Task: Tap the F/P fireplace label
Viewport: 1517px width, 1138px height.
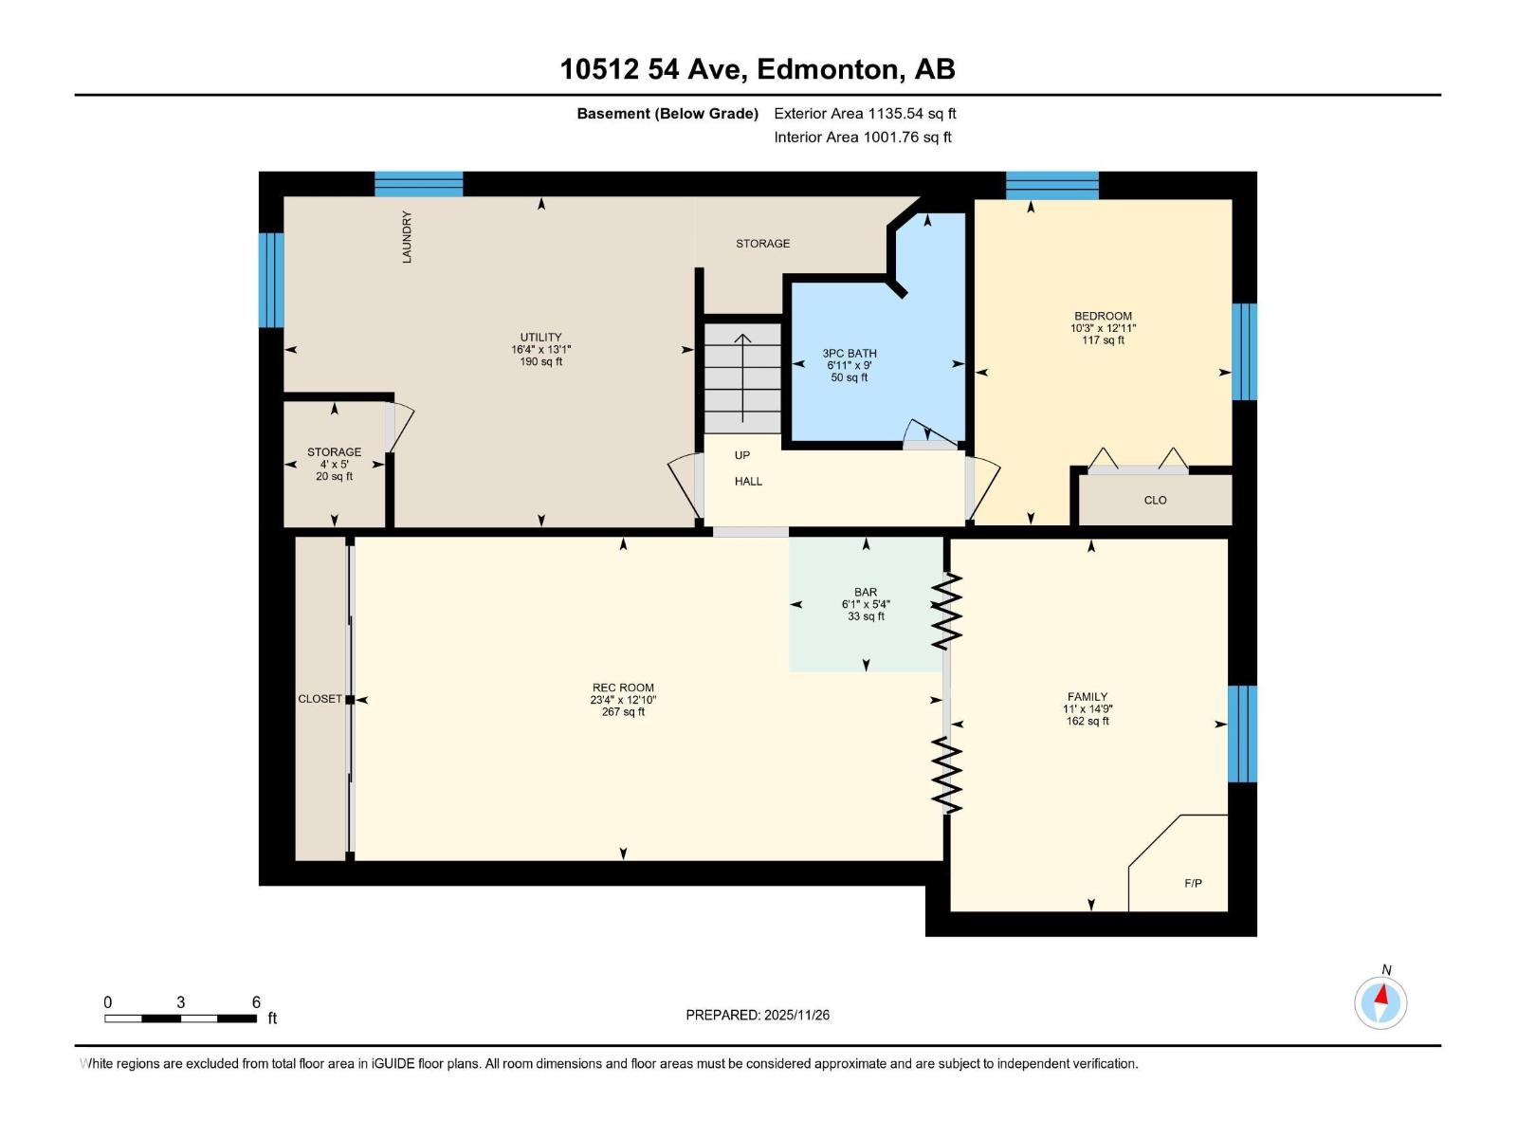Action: pos(1193,884)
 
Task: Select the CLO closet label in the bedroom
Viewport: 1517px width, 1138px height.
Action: pos(1155,500)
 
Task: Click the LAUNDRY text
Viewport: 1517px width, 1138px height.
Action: pos(407,237)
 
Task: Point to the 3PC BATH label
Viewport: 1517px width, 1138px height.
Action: pos(849,354)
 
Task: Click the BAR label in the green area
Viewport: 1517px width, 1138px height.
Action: pos(865,592)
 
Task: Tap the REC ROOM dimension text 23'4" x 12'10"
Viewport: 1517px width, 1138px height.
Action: pos(623,700)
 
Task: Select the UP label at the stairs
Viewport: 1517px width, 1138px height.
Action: pos(742,455)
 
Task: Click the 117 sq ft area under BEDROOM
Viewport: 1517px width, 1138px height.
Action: pos(1103,340)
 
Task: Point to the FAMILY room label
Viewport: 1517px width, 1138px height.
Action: pos(1087,696)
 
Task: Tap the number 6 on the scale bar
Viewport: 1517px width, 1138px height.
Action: pos(256,1002)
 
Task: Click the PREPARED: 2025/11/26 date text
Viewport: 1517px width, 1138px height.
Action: pos(758,1015)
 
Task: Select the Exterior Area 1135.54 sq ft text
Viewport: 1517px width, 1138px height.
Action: pos(865,113)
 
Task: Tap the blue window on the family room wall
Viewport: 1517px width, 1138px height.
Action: pos(1242,733)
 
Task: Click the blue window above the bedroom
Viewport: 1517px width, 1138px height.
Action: pos(1051,185)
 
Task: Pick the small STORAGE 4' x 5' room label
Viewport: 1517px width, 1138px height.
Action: pos(334,452)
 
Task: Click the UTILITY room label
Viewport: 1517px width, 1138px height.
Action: pos(540,337)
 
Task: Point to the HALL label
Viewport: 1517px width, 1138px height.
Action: pos(748,482)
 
